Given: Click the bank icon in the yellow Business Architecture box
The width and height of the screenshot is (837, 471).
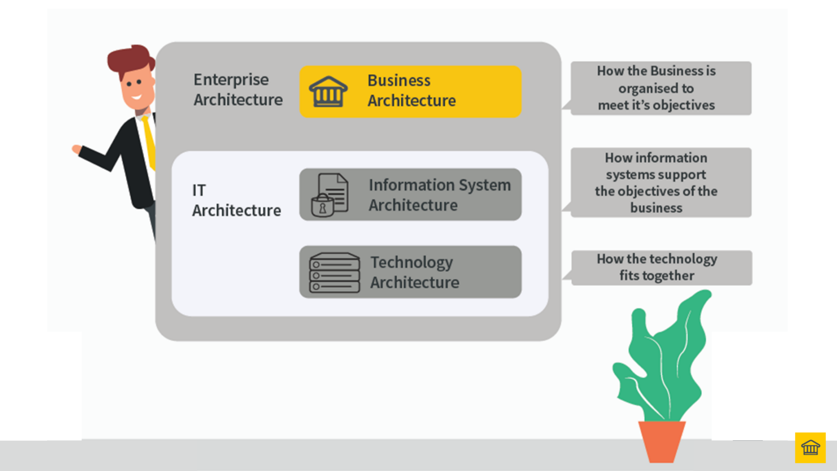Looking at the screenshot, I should (x=328, y=92).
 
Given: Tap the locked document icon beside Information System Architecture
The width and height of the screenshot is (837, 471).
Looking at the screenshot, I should (x=330, y=195).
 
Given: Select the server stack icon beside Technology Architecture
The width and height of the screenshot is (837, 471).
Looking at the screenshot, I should (x=334, y=273).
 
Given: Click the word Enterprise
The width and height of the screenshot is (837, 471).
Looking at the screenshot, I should (x=231, y=80).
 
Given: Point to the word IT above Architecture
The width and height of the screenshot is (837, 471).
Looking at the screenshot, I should (x=199, y=191).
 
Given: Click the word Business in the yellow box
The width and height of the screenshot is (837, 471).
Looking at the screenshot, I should (x=399, y=81).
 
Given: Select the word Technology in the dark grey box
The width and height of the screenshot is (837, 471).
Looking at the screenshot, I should (x=412, y=262).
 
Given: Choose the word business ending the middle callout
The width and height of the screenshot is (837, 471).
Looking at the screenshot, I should (x=656, y=208).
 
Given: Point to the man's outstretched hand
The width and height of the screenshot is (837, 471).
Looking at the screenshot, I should (x=76, y=149).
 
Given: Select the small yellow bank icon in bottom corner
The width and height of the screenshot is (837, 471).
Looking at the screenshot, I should (x=810, y=448).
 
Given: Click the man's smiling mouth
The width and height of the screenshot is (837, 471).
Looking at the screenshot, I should (x=136, y=97).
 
